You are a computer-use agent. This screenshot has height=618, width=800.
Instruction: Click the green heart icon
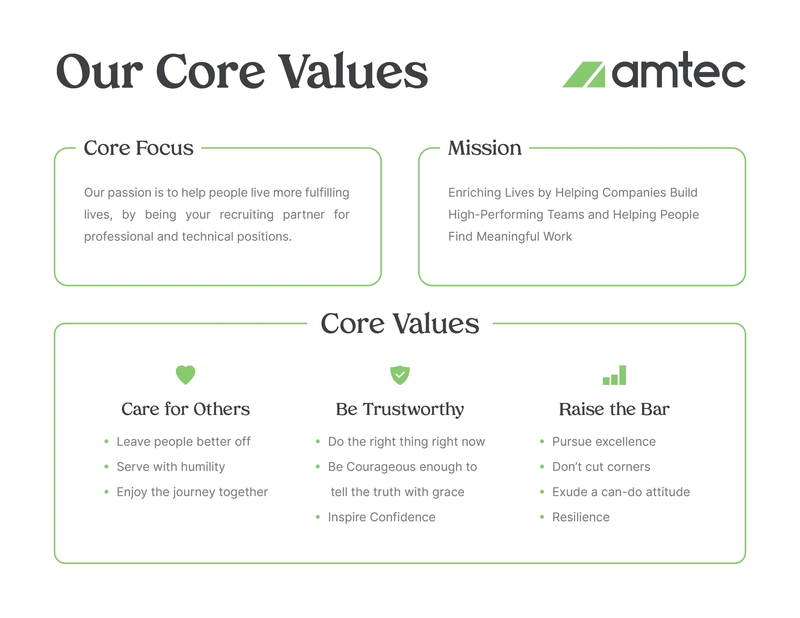tap(186, 375)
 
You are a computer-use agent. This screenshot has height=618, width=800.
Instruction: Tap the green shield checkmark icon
tap(400, 375)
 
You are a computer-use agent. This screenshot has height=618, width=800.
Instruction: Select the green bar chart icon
tap(614, 375)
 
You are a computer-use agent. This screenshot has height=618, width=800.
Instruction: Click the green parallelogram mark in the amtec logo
tap(584, 75)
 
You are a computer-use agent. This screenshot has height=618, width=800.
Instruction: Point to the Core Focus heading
tap(138, 148)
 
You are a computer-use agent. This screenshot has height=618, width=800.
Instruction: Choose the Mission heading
tap(485, 148)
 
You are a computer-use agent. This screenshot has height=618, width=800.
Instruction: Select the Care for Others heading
tap(186, 409)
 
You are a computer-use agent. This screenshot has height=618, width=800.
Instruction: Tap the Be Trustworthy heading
tap(400, 409)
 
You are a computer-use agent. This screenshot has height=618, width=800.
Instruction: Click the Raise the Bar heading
tap(614, 409)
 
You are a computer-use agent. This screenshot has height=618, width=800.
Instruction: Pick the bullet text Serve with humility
tap(171, 467)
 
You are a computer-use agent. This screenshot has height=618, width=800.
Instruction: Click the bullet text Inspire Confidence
tap(382, 517)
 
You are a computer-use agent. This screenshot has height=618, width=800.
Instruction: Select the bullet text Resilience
tap(581, 517)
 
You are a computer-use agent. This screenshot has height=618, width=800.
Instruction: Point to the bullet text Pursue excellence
tap(604, 442)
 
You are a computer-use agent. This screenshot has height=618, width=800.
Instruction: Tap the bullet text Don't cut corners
tap(601, 467)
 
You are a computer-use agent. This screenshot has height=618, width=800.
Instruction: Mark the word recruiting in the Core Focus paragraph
tap(246, 215)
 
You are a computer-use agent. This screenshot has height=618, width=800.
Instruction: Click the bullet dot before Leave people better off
tap(106, 442)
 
